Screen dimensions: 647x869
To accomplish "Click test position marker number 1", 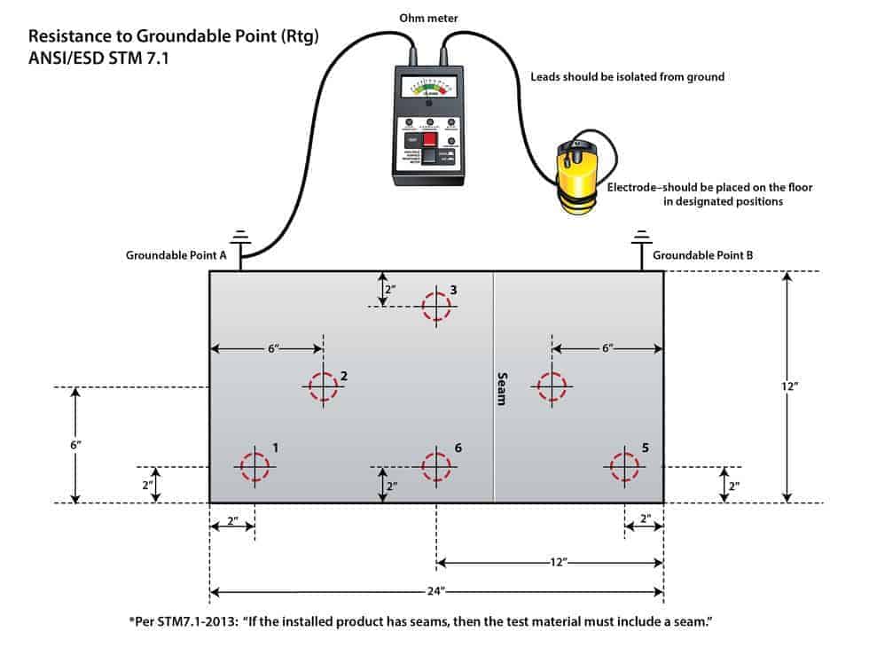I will pyautogui.click(x=254, y=465).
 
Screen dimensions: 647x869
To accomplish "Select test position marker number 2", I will pyautogui.click(x=324, y=386).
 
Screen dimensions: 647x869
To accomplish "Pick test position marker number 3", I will pyautogui.click(x=436, y=306).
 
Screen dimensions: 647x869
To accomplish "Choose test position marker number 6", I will pyautogui.click(x=436, y=466).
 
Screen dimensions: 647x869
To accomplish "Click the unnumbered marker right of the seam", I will pyautogui.click(x=552, y=386).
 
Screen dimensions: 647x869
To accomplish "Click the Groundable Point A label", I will pyautogui.click(x=176, y=255).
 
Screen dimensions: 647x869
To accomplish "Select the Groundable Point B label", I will pyautogui.click(x=703, y=255).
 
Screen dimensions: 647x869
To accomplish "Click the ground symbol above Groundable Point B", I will pyautogui.click(x=639, y=238).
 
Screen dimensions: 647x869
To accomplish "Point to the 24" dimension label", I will pyautogui.click(x=436, y=592).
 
